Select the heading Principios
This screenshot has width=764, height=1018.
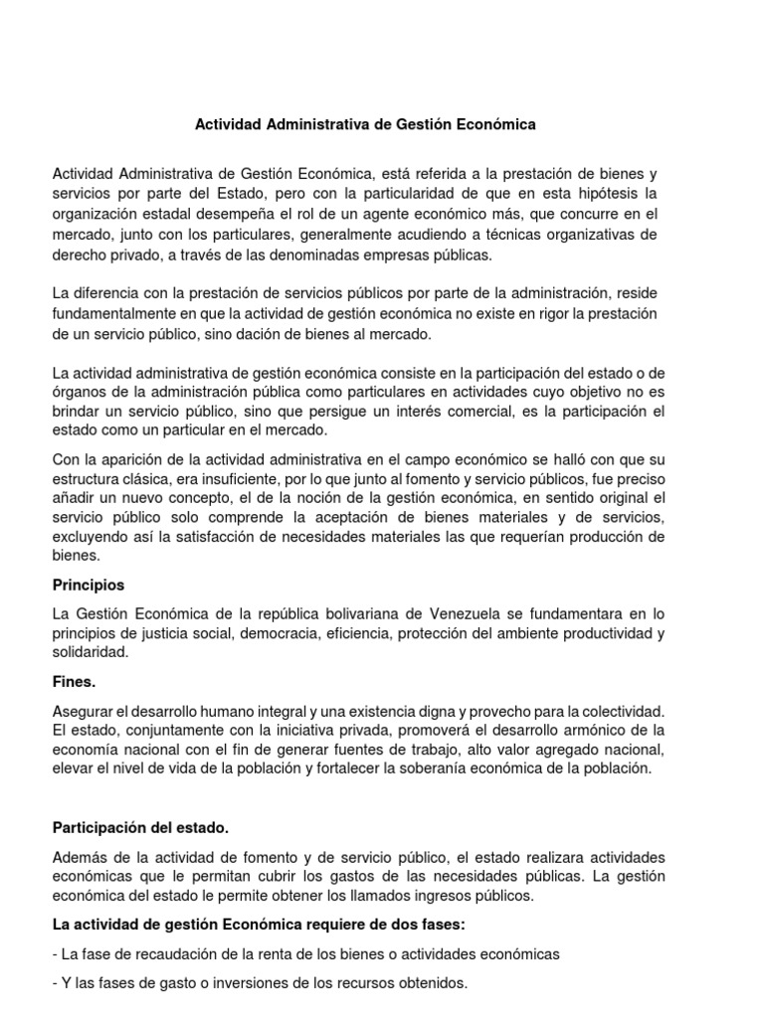coord(89,585)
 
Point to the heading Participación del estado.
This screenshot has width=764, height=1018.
coord(140,828)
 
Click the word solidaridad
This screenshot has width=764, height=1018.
coord(91,652)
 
